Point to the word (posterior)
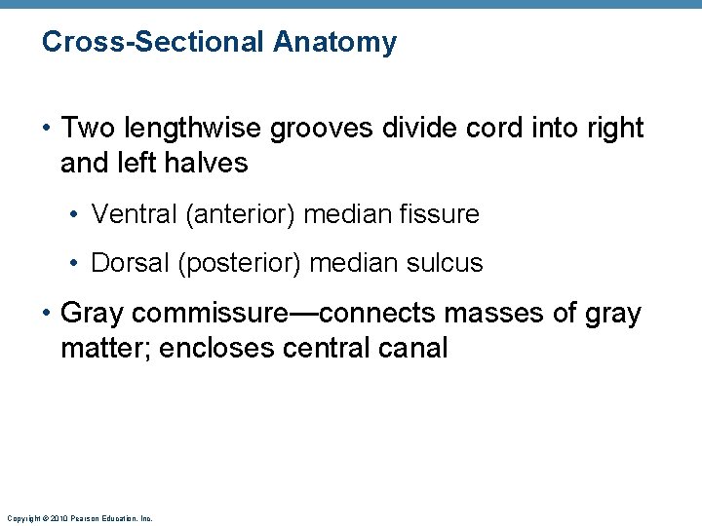[x=239, y=263]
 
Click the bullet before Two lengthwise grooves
[x=47, y=128]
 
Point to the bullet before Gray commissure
[x=47, y=314]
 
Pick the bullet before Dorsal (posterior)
[x=77, y=263]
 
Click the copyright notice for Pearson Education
[x=79, y=519]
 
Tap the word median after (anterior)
[x=346, y=214]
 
